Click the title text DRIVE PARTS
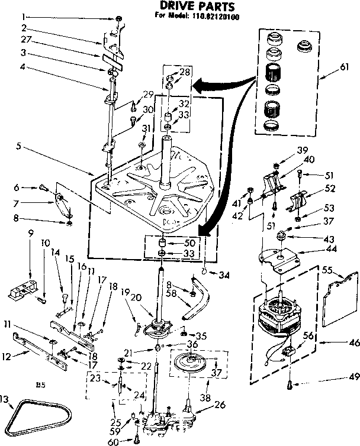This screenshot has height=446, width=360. (190, 7)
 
